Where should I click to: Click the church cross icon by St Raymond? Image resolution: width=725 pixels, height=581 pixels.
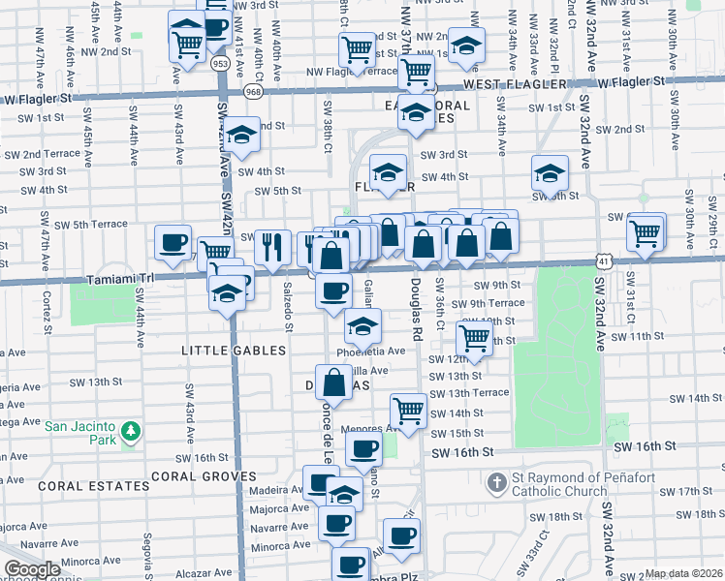[x=496, y=481]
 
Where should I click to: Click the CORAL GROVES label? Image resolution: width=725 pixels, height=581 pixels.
[x=203, y=476]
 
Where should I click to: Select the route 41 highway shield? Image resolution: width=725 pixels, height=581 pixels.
[x=604, y=261]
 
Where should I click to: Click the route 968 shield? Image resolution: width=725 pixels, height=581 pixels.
[x=254, y=92]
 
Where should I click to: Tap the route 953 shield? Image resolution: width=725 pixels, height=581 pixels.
[x=221, y=62]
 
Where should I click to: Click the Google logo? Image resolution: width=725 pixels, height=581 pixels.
[x=32, y=569]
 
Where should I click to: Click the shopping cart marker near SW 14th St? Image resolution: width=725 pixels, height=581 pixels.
[x=409, y=410]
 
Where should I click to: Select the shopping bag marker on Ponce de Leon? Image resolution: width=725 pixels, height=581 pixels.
[x=333, y=382]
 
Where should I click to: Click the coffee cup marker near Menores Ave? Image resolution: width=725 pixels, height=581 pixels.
[x=364, y=449]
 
